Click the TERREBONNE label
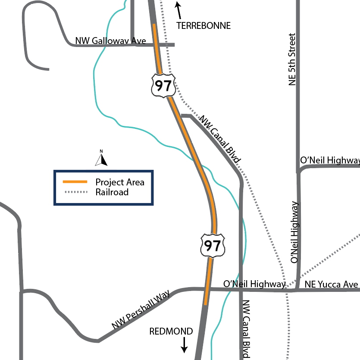point(203,26)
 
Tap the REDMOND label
point(171,332)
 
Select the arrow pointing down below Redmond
point(184,344)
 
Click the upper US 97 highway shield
point(163,85)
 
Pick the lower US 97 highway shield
point(213,245)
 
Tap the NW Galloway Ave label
point(110,41)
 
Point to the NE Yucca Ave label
point(331,285)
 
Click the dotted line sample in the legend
point(75,192)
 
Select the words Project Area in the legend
point(120,182)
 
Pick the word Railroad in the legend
point(112,192)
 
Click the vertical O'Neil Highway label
point(295,232)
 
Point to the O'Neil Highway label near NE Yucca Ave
point(254,284)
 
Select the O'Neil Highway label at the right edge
point(330,160)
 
